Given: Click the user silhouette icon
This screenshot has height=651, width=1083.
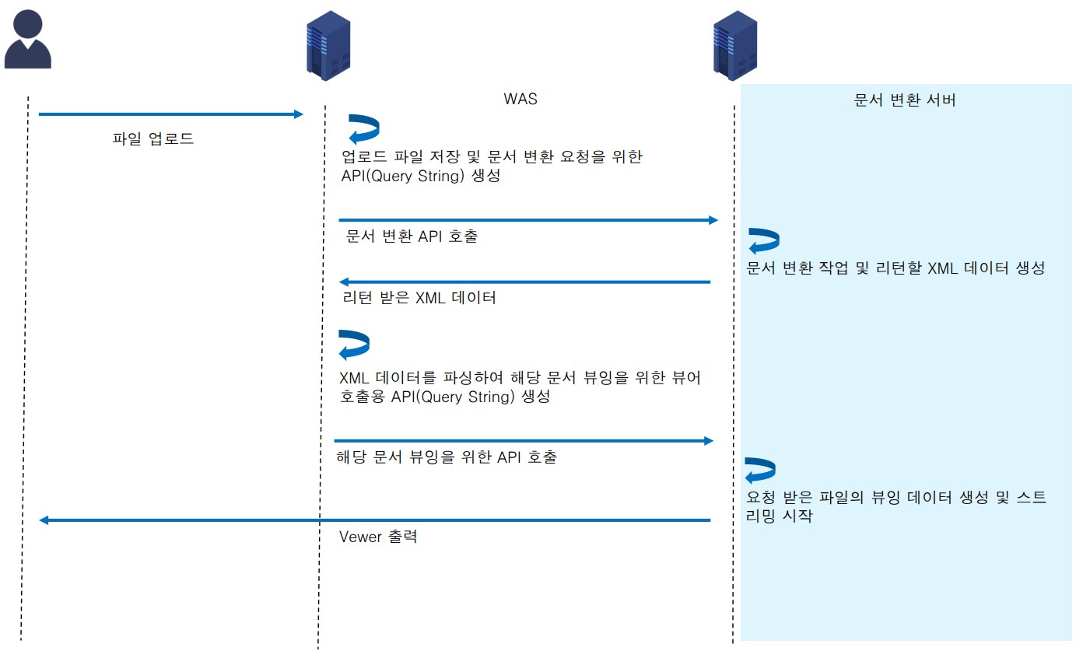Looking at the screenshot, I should [x=28, y=40].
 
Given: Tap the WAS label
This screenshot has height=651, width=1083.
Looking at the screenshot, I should [x=520, y=100].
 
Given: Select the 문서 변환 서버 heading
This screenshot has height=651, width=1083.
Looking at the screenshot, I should [x=905, y=100].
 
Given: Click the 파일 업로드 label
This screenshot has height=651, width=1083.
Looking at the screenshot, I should [x=153, y=139].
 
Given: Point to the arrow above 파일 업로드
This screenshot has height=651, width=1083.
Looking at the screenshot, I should [x=170, y=114].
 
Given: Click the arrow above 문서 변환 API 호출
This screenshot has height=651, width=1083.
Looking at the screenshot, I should [x=527, y=221].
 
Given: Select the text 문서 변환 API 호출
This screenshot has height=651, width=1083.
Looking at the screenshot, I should [x=412, y=236].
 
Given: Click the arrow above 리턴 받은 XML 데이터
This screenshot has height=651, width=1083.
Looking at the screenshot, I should [x=524, y=282].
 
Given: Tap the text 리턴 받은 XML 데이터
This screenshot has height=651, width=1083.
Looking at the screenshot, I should [x=419, y=297].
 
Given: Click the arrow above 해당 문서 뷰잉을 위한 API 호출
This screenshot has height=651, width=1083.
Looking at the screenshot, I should [x=524, y=441].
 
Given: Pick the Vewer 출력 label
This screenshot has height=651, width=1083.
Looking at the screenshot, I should [x=378, y=537].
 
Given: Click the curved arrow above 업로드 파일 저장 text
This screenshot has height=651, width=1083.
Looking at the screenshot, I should [x=363, y=129].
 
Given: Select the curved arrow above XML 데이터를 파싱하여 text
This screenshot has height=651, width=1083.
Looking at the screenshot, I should [x=354, y=345].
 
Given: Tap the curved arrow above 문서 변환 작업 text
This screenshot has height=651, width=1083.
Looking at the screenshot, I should [x=764, y=241].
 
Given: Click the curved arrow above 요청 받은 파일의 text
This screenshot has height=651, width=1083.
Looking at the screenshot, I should [x=760, y=471].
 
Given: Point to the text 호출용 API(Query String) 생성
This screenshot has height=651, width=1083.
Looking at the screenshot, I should [x=445, y=396].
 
